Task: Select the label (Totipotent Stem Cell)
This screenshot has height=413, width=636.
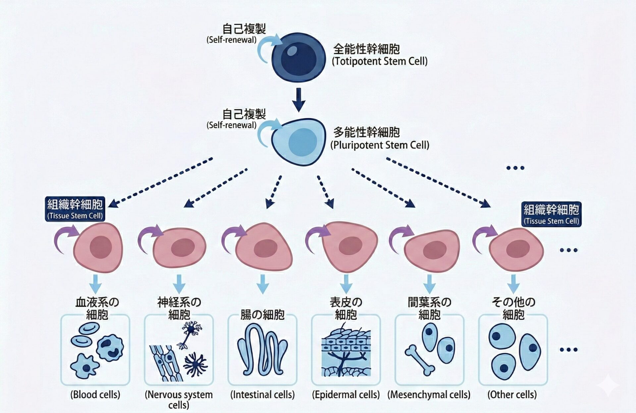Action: pos(380,62)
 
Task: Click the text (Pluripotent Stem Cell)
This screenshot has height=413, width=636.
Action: pos(380,145)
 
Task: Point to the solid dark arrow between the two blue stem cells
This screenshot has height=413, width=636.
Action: pos(298,100)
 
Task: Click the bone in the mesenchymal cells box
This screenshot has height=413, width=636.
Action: pos(420,360)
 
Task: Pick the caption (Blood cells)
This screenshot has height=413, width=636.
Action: pos(95,394)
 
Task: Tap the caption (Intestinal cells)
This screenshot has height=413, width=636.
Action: pos(262,394)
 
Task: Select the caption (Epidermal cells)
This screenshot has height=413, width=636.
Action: pos(346,394)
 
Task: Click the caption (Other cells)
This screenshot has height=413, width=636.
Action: pos(512,394)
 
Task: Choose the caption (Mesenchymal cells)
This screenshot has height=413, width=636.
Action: pos(429,394)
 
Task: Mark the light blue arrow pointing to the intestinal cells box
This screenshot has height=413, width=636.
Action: pos(263,284)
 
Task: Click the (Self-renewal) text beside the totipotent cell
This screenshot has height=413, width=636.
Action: pos(232,40)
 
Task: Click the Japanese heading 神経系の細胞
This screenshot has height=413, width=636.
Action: pos(179,308)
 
